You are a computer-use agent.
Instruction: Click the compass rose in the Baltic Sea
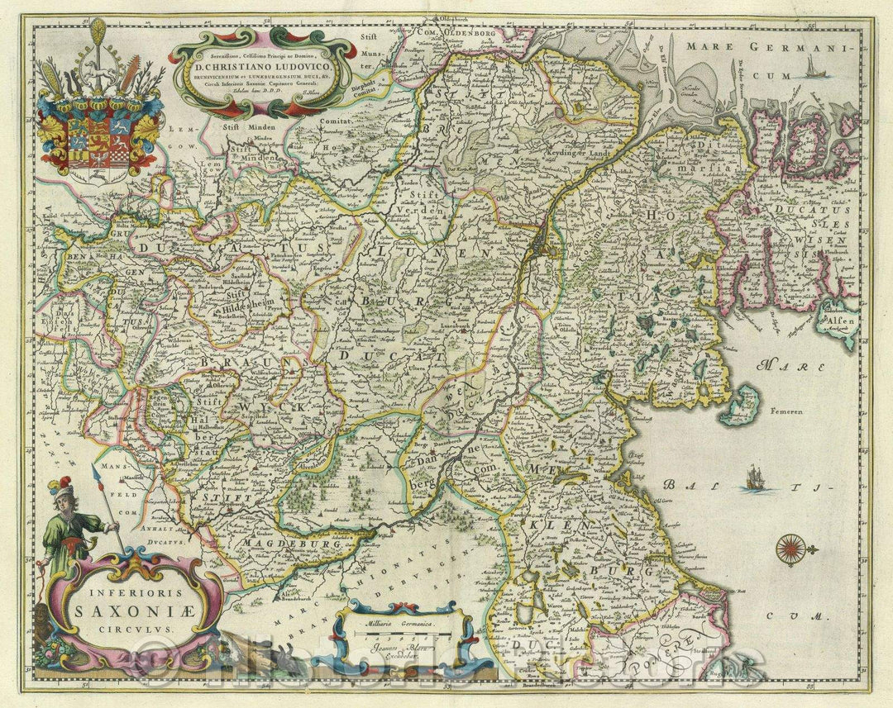tap(791, 549)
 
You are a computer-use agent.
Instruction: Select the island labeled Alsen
tap(836, 317)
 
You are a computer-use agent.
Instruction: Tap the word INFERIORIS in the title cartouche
tap(132, 592)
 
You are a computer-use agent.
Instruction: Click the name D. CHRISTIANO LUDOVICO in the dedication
tap(263, 65)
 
